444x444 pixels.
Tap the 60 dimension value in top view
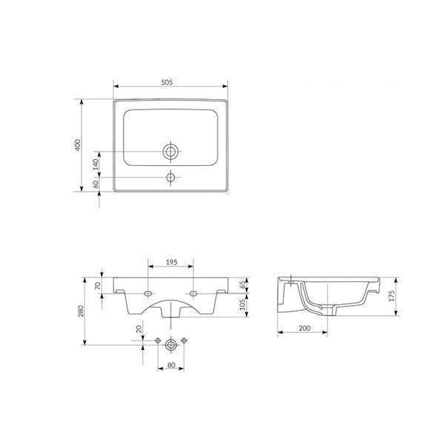coord(95,184)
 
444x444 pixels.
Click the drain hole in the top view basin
coord(171,152)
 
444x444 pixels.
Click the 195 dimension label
coord(170,262)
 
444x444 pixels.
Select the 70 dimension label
coord(95,285)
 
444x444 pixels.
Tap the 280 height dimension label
coord(82,311)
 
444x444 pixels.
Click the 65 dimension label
coord(243,284)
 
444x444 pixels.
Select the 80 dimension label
coord(171,365)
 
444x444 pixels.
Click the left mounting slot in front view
coord(149,293)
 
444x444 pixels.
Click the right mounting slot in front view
coord(193,293)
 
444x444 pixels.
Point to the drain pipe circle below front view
coord(171,344)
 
